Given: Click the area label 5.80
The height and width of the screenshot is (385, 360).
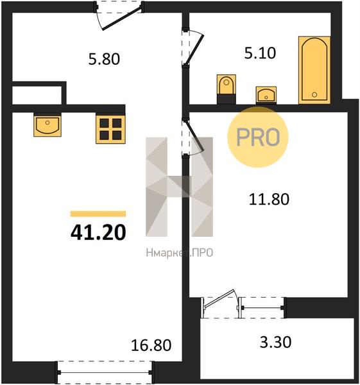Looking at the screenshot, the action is tap(104, 59).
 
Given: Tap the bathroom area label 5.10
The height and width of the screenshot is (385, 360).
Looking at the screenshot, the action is tap(260, 53).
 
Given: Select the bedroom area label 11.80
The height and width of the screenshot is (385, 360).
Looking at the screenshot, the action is tap(269, 199).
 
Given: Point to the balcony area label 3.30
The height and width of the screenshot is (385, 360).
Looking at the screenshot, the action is tap(275, 342).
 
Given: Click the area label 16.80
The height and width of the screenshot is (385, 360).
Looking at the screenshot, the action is tap(151, 345).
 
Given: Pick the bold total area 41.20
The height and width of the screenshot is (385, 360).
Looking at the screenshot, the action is tap(98, 232).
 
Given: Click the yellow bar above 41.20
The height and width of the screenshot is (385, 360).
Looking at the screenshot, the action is tap(98, 214).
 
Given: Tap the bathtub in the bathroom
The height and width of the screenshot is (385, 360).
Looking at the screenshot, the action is tap(314, 70).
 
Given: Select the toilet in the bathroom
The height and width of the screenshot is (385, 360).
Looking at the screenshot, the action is tap(227, 89).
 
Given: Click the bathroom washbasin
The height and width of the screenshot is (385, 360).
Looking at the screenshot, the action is tap(266, 94).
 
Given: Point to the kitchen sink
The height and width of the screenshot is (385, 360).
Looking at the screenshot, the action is tap(47, 125).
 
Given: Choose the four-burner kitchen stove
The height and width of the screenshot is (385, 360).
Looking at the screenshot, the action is tap(110, 129).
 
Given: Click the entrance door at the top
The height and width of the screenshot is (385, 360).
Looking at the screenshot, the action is tap(119, 16).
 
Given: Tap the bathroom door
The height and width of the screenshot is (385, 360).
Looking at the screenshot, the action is tap(193, 48).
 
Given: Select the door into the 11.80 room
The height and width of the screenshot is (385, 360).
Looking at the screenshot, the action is tap(193, 137).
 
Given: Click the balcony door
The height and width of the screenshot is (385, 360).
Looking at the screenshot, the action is tap(219, 304).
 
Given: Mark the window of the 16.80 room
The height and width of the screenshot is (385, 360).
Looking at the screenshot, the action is tap(105, 372).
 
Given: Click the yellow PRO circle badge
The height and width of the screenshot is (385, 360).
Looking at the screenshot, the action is tap(257, 137).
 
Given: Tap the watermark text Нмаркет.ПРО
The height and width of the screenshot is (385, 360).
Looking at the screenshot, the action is tap(180, 252).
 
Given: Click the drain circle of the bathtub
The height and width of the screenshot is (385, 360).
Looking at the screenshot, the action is tap(314, 94).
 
